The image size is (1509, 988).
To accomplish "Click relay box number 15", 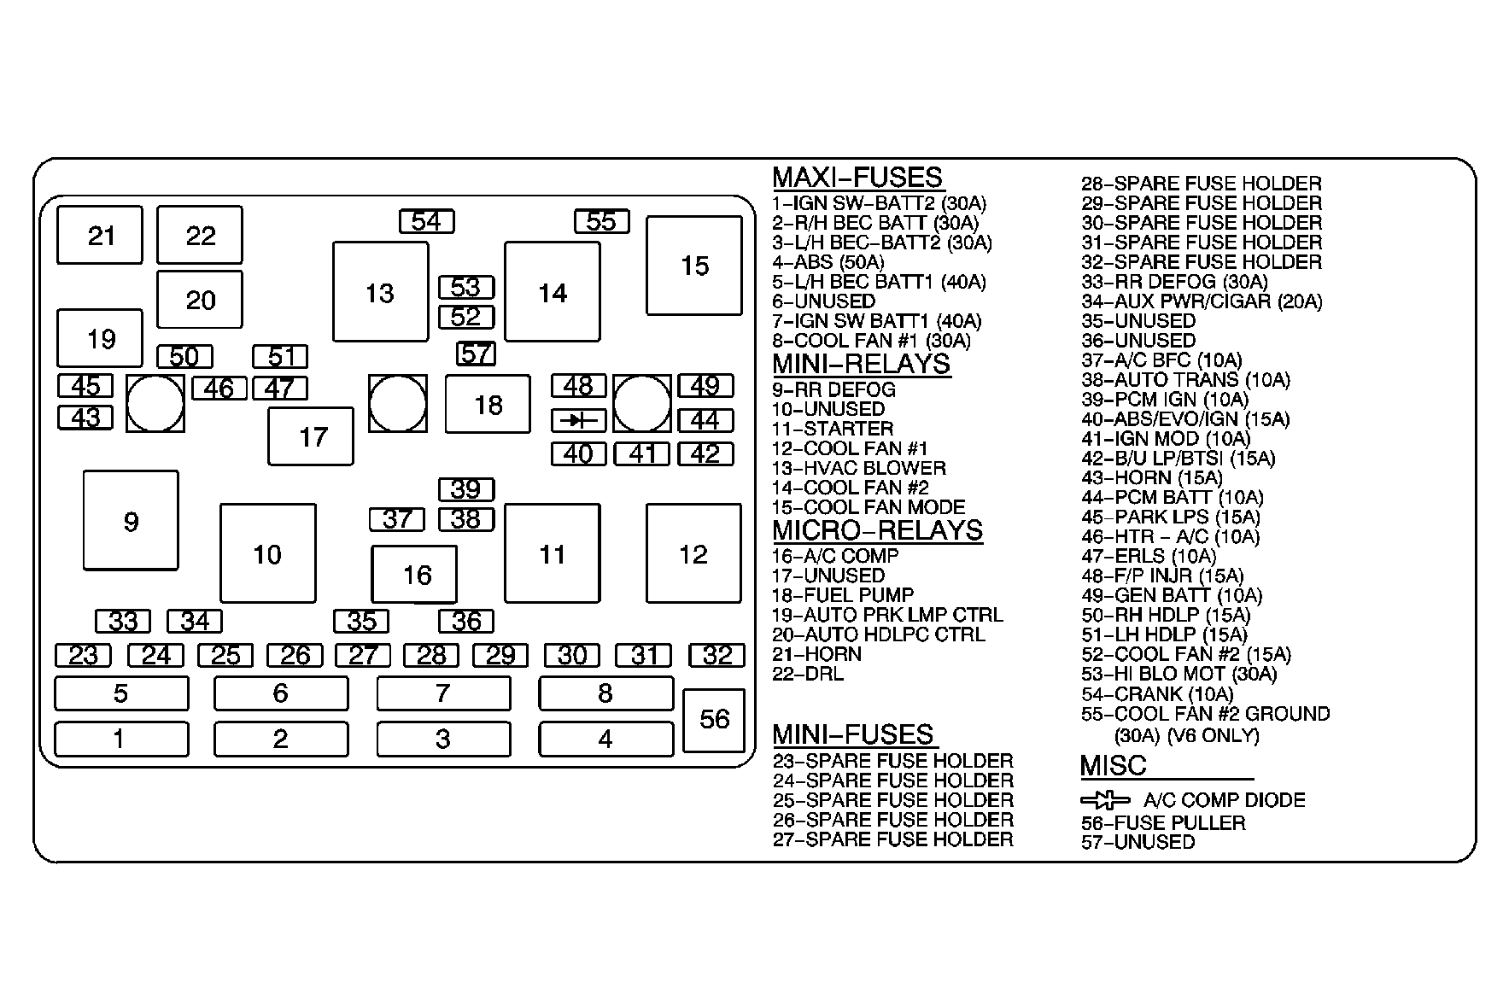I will point(693,266).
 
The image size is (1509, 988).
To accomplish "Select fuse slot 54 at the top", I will point(426,221).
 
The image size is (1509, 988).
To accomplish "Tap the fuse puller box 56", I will point(714,719).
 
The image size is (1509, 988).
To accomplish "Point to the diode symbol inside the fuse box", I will point(578,420).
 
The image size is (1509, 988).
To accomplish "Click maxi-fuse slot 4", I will point(605,739).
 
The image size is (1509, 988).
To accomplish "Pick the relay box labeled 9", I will point(131,521).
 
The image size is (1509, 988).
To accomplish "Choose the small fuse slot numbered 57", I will point(476,353).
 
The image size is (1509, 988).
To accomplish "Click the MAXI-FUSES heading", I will point(857,178).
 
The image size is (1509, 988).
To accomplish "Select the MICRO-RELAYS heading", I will point(877,530).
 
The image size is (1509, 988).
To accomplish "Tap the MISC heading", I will point(1113,766).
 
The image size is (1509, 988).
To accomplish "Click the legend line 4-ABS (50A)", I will point(828,262).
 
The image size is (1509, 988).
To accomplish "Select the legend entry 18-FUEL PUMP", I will point(843,595).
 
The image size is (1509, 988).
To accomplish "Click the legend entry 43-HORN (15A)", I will point(1151,478).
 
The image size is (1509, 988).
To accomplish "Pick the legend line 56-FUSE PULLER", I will point(1162,823).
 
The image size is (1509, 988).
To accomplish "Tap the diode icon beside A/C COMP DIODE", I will point(1105,801).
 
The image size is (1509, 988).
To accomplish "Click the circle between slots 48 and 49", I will point(641,403).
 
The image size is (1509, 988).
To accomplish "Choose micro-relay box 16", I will point(414,575).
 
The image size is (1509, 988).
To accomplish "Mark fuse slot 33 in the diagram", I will point(123,621).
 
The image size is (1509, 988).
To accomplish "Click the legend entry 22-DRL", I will point(807,674).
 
